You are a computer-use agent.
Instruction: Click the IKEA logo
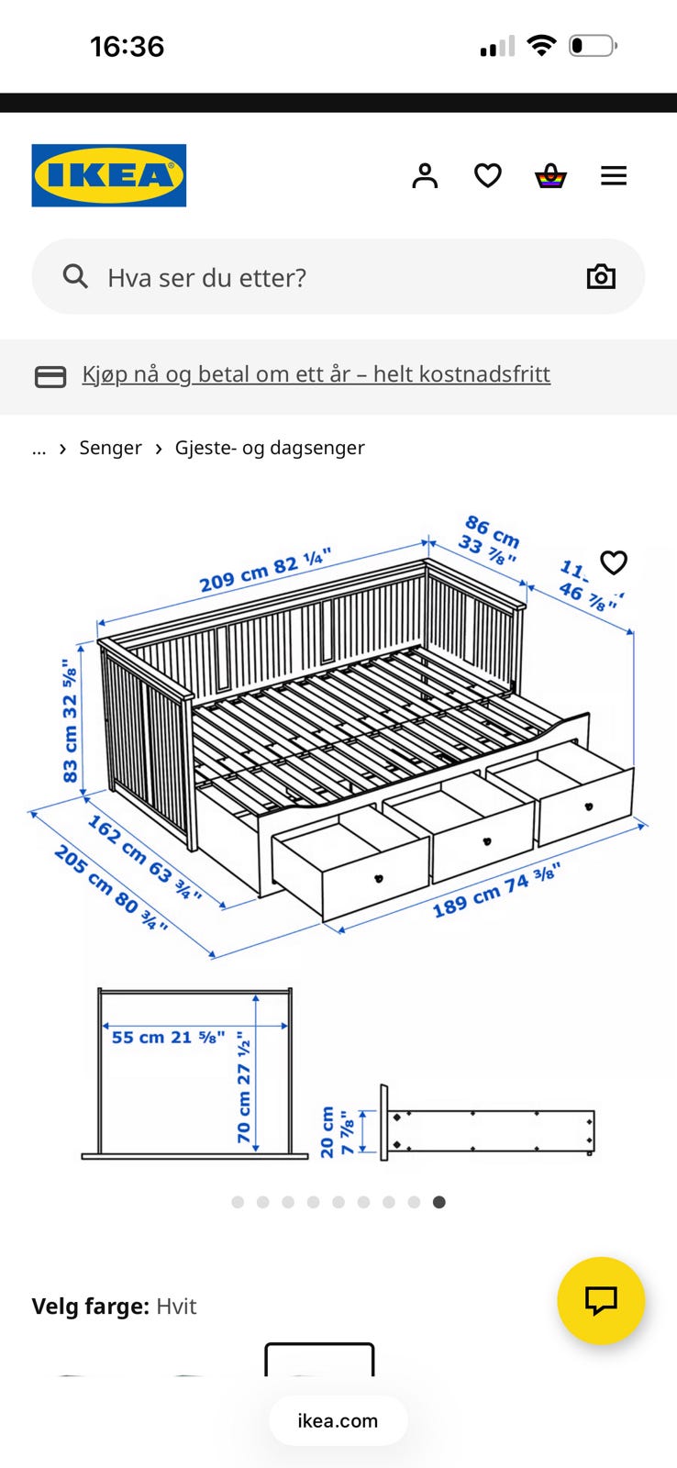(108, 175)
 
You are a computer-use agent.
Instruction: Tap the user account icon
(425, 175)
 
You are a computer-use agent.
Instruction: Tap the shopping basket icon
(550, 175)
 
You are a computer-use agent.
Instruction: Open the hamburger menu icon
(614, 175)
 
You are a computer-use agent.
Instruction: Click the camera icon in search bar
(601, 276)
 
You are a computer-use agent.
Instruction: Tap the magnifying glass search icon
(75, 276)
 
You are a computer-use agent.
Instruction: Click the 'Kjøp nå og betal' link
(316, 374)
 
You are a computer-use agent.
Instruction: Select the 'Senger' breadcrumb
(110, 448)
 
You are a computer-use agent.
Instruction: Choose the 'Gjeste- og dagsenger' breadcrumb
(270, 448)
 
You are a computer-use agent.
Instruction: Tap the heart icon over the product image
(614, 562)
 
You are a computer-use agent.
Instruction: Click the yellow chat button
(601, 1300)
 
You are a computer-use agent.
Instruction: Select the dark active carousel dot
(439, 1202)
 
